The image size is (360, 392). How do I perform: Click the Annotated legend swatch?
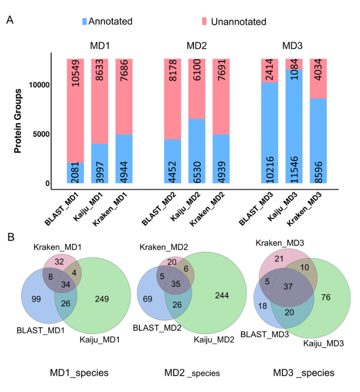(x=85, y=21)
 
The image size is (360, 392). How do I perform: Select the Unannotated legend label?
(x=238, y=22)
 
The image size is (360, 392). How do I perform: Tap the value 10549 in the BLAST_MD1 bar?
(x=76, y=73)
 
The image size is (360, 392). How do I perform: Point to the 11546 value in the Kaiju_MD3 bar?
(x=294, y=169)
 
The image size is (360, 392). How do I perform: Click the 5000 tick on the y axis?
(x=41, y=134)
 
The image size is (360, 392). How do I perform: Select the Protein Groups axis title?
(x=18, y=121)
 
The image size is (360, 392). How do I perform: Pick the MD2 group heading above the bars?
(x=197, y=46)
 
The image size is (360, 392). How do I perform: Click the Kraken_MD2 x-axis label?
(x=207, y=209)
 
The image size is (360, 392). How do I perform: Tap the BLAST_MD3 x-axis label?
(x=256, y=209)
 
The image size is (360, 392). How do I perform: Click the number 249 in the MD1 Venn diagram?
(x=102, y=299)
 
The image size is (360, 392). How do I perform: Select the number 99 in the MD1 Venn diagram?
(x=36, y=299)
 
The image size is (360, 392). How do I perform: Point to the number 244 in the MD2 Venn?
(x=222, y=295)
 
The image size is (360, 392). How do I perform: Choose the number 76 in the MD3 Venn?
(x=326, y=297)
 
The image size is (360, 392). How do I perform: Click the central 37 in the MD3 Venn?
(x=288, y=287)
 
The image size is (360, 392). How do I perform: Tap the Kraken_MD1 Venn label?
(x=57, y=247)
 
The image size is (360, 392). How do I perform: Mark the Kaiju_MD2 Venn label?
(x=214, y=340)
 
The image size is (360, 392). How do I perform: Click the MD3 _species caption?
(x=304, y=373)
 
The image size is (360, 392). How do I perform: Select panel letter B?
(x=11, y=237)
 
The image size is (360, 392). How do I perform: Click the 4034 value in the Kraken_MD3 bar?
(x=318, y=70)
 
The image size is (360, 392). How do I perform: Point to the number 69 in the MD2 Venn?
(x=147, y=299)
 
